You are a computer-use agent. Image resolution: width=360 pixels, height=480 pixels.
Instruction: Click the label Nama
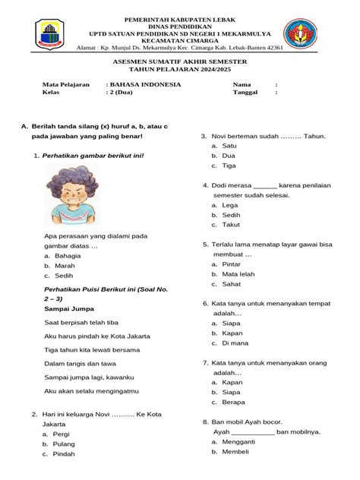coord(242,84)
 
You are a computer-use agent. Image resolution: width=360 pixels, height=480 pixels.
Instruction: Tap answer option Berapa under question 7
coord(234,402)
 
